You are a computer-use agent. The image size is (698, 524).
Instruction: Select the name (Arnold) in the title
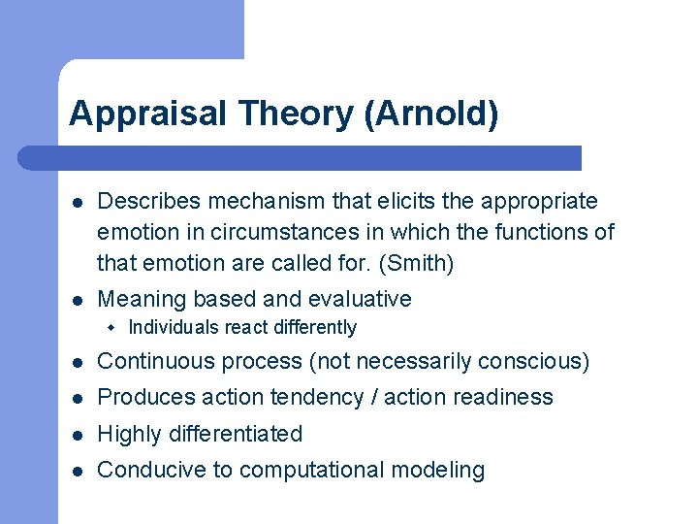coord(431,115)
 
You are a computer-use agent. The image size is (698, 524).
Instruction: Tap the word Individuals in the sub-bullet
coord(174,328)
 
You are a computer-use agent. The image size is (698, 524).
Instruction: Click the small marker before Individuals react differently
coord(112,328)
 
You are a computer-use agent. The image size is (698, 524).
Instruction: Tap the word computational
coord(311,470)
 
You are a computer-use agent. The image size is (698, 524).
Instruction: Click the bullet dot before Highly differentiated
coord(77,435)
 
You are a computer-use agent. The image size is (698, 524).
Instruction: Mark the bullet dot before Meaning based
coord(77,300)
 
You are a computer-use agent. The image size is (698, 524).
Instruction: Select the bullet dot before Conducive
coord(77,471)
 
